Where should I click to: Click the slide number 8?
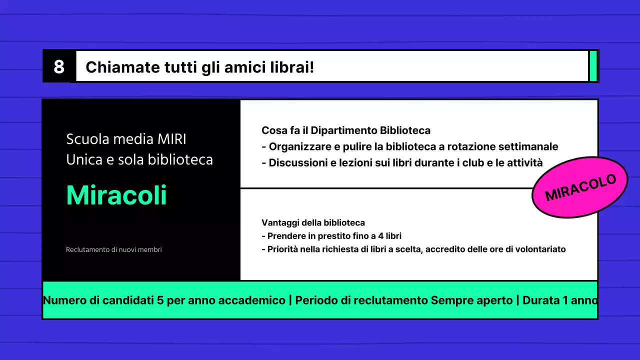pos(59,66)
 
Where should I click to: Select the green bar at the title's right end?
pos(593,66)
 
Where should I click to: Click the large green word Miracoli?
pos(116,195)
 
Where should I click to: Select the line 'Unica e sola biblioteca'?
pos(139,159)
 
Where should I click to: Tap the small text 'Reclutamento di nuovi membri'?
pos(114,249)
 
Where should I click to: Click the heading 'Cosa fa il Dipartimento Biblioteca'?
pos(346,130)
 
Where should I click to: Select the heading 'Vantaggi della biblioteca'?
pos(313,222)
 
